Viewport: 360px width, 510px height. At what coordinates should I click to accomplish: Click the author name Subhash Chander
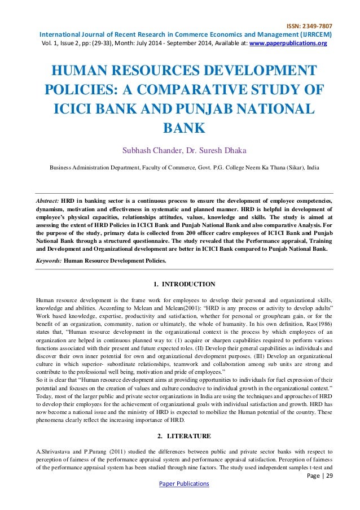[147, 149]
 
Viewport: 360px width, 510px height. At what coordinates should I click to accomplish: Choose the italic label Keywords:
[49, 261]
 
